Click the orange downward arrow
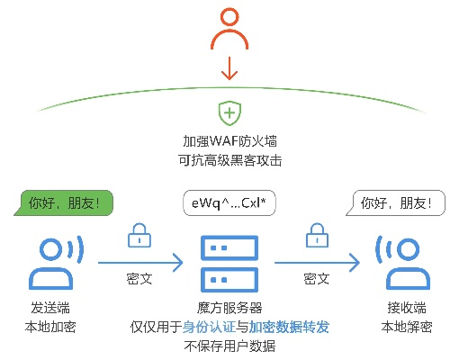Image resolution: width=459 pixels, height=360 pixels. [x=229, y=68]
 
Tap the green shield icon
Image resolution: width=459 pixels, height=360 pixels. [x=229, y=113]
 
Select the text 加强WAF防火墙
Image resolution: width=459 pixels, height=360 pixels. [x=229, y=142]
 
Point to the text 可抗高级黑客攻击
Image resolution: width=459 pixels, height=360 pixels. [x=229, y=160]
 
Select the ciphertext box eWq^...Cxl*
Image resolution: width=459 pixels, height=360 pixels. [x=229, y=203]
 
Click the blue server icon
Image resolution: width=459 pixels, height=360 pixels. [x=229, y=262]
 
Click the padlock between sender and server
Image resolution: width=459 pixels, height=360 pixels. [x=139, y=237]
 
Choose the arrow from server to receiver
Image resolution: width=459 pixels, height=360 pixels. [x=317, y=263]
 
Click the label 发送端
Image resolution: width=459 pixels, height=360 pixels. [x=50, y=308]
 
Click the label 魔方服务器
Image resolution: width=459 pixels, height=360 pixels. [x=229, y=308]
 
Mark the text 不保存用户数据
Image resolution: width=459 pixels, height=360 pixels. [x=229, y=346]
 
